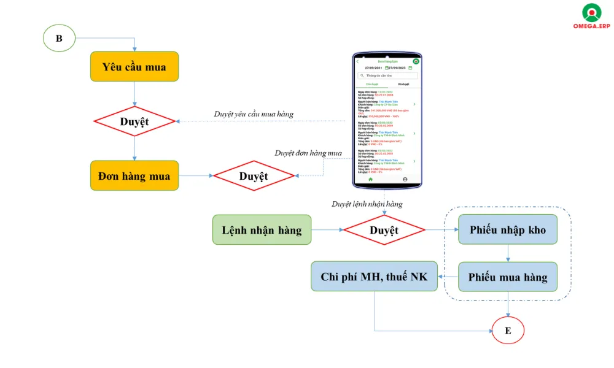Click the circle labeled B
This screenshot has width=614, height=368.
click(x=59, y=38)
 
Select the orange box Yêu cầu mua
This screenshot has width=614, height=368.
click(x=134, y=66)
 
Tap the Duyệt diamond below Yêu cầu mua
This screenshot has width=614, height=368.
click(x=134, y=121)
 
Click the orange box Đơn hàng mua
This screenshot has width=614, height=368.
click(x=134, y=176)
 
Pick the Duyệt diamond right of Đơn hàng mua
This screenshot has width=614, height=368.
click(x=254, y=176)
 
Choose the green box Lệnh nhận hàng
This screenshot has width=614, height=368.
click(x=262, y=230)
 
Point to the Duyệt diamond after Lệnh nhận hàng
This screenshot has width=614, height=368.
click(x=384, y=230)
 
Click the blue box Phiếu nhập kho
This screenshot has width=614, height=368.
click(x=507, y=230)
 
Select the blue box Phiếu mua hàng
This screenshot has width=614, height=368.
click(x=507, y=277)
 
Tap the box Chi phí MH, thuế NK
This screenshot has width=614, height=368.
click(x=374, y=277)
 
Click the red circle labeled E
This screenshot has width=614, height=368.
click(x=508, y=331)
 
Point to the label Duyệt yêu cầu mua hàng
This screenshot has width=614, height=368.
click(x=254, y=114)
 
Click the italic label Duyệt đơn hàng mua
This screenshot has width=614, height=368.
click(x=308, y=153)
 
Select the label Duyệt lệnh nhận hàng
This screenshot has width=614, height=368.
click(x=367, y=204)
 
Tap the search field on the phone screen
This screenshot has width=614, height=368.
click(x=388, y=75)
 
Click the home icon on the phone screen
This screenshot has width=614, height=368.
click(x=370, y=180)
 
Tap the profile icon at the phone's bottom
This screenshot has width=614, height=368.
click(x=405, y=180)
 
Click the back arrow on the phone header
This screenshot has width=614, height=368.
click(x=358, y=61)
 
